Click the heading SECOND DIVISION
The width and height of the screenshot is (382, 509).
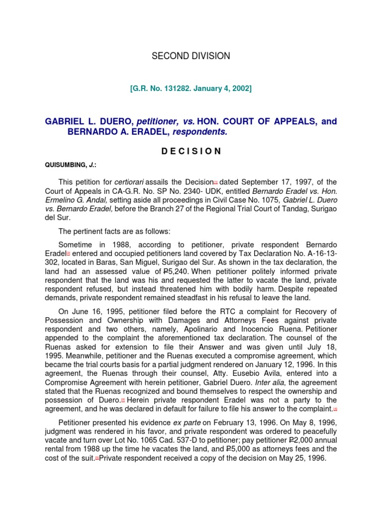tap(191, 56)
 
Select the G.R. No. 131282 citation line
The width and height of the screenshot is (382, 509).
tap(191, 88)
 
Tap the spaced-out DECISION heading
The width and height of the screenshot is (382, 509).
tap(191, 152)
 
